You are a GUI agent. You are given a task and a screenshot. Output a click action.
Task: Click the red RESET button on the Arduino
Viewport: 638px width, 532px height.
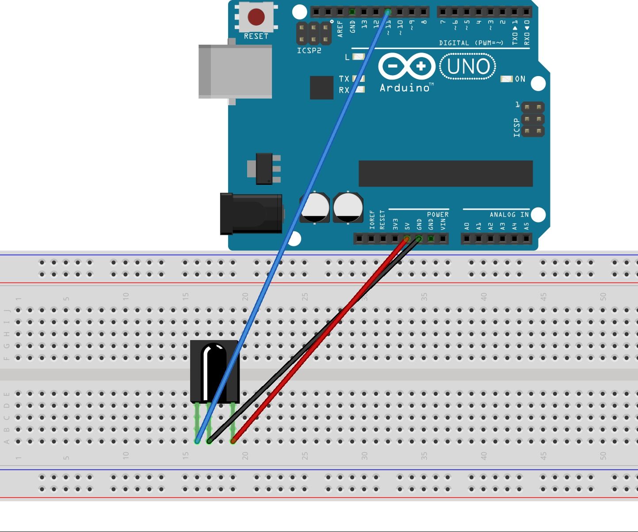point(256,17)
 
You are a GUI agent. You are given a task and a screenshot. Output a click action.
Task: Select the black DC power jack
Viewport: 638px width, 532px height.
point(251,214)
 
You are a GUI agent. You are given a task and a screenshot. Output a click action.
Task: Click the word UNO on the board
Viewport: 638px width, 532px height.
point(468,67)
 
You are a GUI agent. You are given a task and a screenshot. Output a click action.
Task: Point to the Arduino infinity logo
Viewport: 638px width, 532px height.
point(406,67)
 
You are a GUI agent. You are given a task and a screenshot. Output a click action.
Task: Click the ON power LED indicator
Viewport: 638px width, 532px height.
point(506,79)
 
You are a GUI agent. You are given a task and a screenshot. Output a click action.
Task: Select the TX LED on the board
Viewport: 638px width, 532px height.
point(359,79)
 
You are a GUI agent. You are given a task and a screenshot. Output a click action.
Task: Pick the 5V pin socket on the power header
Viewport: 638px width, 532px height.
point(407,239)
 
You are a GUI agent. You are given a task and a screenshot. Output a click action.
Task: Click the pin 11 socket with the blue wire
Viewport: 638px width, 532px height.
point(388,12)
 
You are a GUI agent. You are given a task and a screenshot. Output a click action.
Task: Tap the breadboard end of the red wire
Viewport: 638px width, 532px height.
point(233,441)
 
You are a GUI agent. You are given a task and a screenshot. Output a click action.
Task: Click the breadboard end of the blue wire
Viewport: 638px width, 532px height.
point(197,441)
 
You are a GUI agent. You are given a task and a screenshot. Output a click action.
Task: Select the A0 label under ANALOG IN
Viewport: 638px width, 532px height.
point(467,226)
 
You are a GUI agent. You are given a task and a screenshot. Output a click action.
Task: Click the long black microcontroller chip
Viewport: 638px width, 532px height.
point(445,173)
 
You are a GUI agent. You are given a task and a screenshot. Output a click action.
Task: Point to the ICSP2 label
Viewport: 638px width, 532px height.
point(309,50)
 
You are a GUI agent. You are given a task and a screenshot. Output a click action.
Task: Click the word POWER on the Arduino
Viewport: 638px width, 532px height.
point(438,214)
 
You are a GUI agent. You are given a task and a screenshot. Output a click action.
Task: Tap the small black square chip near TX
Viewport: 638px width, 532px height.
point(321,88)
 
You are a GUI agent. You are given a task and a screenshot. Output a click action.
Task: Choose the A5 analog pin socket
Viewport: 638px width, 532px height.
point(526,239)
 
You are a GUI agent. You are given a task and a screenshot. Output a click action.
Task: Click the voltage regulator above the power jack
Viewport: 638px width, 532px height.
point(264,168)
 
